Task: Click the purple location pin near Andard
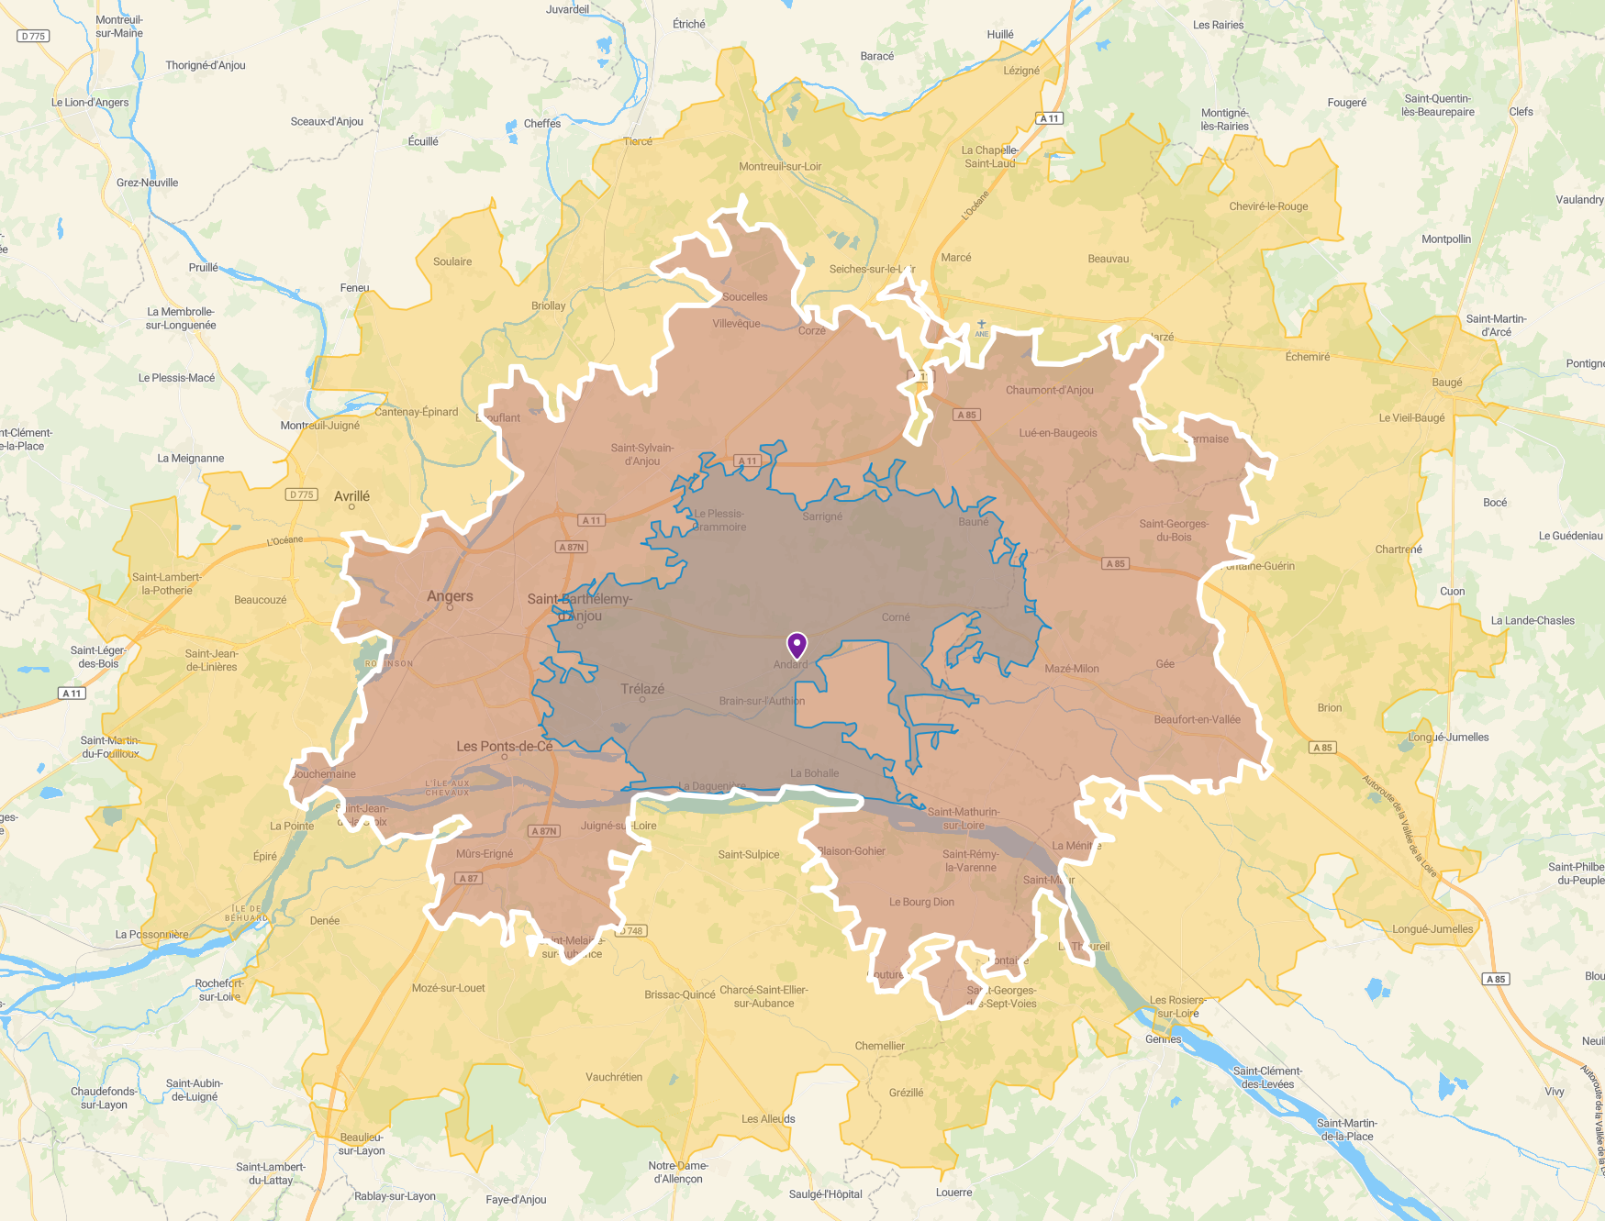point(797,645)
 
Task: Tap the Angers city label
point(450,596)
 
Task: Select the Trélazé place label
point(642,689)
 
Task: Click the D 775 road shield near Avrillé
point(301,494)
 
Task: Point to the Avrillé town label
point(351,496)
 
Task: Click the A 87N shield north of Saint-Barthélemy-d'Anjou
point(572,547)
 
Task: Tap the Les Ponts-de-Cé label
point(505,746)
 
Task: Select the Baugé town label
point(1446,383)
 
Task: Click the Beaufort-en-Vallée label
point(1197,719)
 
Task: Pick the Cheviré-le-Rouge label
point(1268,206)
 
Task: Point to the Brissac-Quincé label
point(679,994)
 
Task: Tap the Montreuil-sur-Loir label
point(780,166)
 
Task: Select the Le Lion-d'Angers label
point(90,103)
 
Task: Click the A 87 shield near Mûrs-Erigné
point(468,878)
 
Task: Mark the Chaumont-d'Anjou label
point(1049,390)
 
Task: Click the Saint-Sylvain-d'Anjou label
point(642,454)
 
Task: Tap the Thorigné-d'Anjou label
point(206,65)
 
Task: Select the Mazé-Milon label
point(1071,669)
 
